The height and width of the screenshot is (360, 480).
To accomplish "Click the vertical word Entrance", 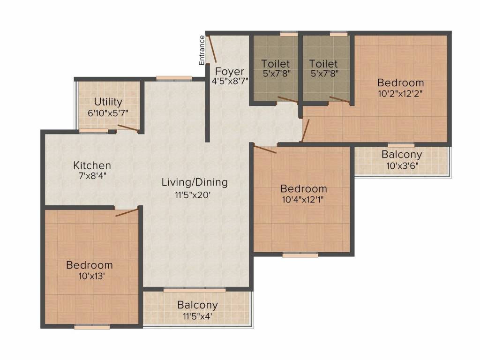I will click(x=202, y=50).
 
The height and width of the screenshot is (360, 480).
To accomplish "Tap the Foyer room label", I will click(x=230, y=72).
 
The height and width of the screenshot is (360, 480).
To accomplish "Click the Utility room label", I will click(x=108, y=102).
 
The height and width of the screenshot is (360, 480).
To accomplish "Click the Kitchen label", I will click(x=92, y=165).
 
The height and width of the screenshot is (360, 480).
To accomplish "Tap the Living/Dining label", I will click(x=195, y=182).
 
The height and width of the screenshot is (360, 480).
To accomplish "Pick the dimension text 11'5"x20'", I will click(x=195, y=194).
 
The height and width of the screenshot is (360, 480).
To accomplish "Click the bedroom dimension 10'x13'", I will click(x=89, y=276).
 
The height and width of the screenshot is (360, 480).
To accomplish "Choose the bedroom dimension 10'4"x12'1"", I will click(x=304, y=200).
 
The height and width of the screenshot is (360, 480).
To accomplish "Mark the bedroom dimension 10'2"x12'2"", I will click(x=400, y=93).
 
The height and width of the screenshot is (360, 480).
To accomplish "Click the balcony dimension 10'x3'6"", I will click(x=401, y=165).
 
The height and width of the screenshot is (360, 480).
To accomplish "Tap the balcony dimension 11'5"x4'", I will click(x=197, y=316).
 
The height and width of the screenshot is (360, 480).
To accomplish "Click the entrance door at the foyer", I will click(x=211, y=49).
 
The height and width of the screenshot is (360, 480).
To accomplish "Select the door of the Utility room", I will click(x=127, y=128).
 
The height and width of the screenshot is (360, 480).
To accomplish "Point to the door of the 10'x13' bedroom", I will click(x=127, y=212).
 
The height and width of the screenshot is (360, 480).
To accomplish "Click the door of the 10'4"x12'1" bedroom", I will click(x=265, y=150).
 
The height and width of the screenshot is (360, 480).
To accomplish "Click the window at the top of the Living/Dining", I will click(x=174, y=78).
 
